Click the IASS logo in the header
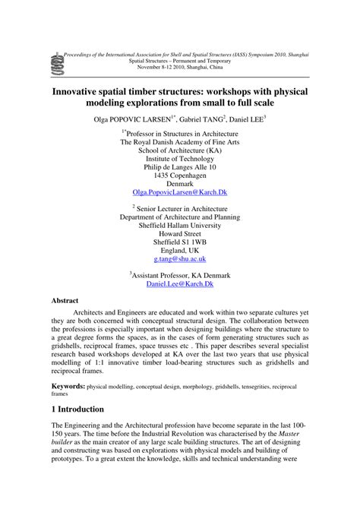(x=55, y=60)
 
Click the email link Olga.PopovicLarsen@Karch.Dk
(x=180, y=194)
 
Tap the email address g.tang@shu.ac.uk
(x=180, y=259)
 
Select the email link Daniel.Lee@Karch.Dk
(x=180, y=284)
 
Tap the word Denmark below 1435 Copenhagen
(x=180, y=184)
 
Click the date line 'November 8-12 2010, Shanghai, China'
(x=180, y=67)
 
